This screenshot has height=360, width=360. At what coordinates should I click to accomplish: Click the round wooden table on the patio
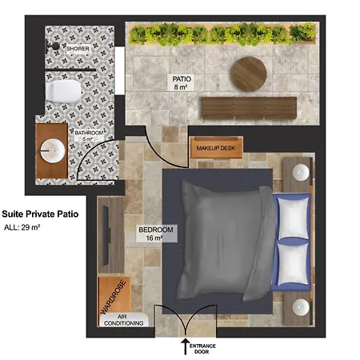tap(249, 74)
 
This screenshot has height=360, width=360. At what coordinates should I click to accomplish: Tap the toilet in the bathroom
tap(63, 91)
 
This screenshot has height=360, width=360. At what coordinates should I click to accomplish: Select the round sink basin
tap(53, 151)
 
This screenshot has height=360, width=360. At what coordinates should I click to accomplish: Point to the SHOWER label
tap(78, 49)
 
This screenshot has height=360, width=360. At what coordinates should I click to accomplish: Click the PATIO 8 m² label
tap(182, 82)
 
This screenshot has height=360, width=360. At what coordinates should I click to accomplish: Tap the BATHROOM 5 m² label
tap(89, 136)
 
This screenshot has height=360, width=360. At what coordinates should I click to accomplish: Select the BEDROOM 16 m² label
tap(156, 234)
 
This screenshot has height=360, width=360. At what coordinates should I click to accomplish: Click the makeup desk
tap(216, 147)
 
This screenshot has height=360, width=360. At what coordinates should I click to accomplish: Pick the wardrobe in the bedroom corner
tap(114, 295)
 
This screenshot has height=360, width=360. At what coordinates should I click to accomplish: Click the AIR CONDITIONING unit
tap(124, 320)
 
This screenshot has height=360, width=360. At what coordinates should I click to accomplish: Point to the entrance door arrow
tap(186, 346)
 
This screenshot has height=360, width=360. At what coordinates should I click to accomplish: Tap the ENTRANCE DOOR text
tap(202, 349)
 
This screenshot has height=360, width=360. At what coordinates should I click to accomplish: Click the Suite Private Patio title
tap(40, 214)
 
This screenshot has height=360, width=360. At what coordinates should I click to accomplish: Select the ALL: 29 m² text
tap(22, 227)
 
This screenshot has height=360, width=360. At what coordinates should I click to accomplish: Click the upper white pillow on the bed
tap(293, 218)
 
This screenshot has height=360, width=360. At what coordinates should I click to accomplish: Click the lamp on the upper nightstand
tap(301, 172)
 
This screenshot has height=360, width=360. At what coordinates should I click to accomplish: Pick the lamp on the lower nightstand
tap(301, 307)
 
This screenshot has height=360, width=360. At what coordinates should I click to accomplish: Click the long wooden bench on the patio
tap(249, 108)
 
